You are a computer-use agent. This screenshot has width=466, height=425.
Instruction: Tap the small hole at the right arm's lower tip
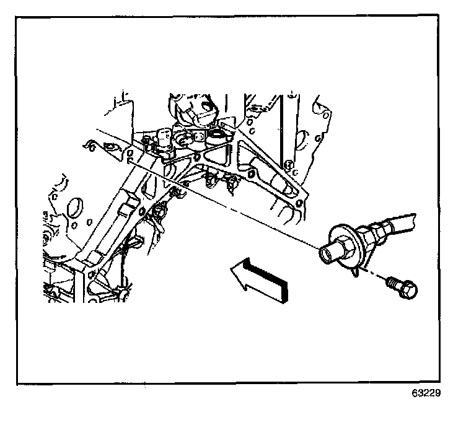[x=299, y=204]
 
